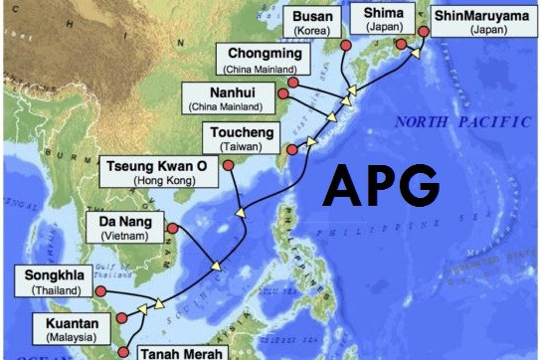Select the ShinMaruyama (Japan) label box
tap(478, 20)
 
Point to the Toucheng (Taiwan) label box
tap(243, 138)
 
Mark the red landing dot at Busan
tap(345, 47)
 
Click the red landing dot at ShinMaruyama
tap(425, 31)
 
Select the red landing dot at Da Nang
tap(172, 229)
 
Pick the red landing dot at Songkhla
tap(99, 290)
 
